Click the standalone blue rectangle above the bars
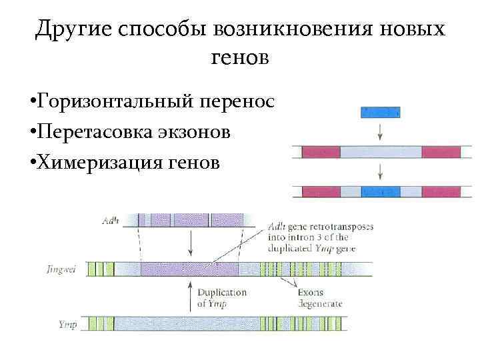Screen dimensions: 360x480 [380, 112]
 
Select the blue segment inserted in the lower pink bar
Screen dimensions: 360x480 [380, 191]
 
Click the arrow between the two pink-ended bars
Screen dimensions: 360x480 [380, 171]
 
